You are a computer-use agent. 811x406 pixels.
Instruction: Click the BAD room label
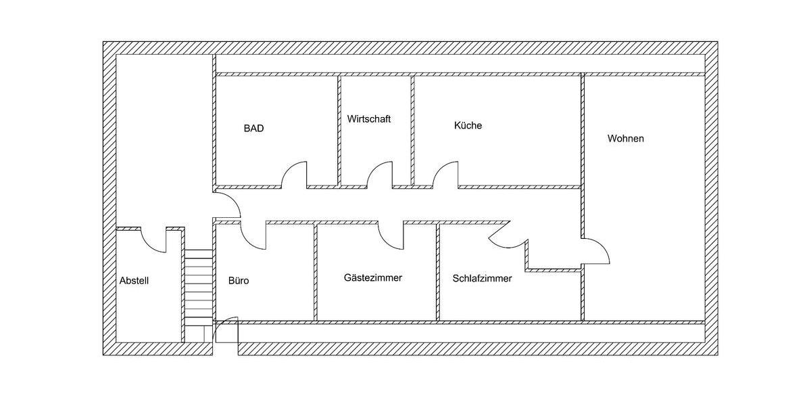tap(253, 128)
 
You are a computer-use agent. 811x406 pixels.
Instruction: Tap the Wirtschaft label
tap(369, 119)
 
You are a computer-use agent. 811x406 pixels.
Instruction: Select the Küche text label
tap(468, 126)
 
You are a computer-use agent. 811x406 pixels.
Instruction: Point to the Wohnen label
tap(625, 139)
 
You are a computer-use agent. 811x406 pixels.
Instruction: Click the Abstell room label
tap(134, 280)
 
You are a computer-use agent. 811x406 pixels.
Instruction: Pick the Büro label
tap(239, 280)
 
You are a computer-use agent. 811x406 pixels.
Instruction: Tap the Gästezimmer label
tap(373, 277)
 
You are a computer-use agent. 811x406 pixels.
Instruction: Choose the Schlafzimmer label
tap(482, 278)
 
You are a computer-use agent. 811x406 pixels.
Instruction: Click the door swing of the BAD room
tap(294, 174)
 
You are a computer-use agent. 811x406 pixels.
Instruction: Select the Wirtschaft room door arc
tap(380, 174)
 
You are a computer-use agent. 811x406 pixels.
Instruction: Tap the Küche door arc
tap(445, 174)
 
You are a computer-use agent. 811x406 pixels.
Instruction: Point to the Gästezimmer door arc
tap(391, 234)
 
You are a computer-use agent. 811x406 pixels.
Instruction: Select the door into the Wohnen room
tap(597, 251)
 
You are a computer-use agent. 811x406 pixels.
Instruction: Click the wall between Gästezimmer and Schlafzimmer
tap(437, 271)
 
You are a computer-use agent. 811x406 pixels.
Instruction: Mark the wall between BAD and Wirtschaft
tap(339, 129)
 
